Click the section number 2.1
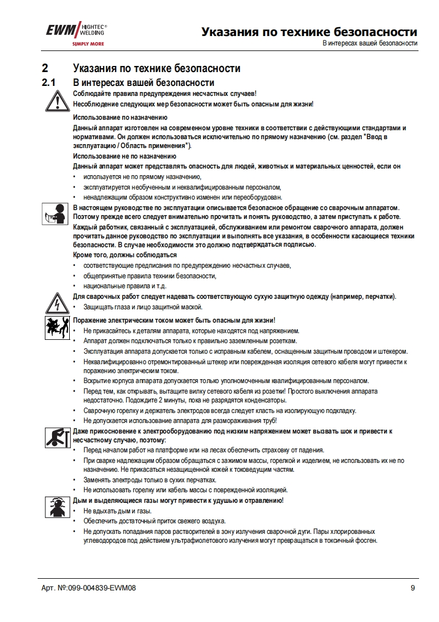coord(49,83)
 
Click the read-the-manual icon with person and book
coord(54,213)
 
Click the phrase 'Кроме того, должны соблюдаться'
coord(125,255)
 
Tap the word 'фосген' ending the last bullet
coord(366,541)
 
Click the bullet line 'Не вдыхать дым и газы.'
coord(117,511)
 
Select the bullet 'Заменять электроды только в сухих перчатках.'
coord(149,480)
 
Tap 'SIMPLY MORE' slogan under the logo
coord(89,43)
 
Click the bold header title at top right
coord(309,31)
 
